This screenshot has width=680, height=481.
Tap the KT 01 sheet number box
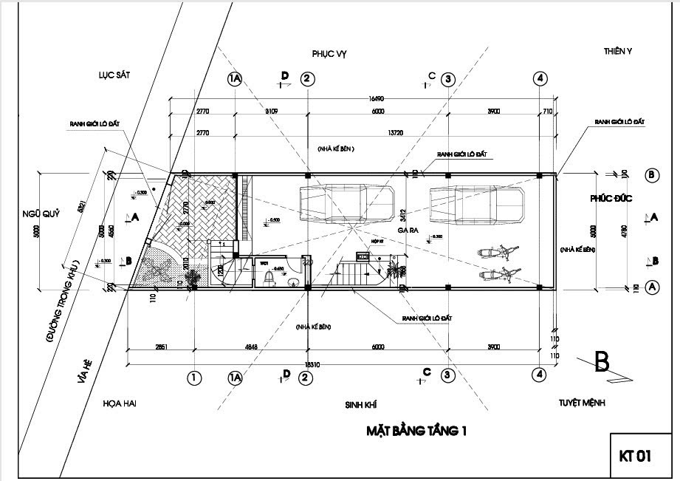click(x=635, y=457)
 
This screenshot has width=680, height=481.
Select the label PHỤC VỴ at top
click(x=329, y=54)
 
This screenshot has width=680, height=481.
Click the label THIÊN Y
click(x=618, y=51)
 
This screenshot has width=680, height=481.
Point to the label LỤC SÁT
click(x=114, y=75)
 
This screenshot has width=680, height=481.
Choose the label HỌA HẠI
click(x=120, y=403)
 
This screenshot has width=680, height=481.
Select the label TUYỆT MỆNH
click(x=583, y=403)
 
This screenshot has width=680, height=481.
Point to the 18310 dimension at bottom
click(x=313, y=364)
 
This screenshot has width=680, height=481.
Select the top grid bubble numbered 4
click(x=540, y=78)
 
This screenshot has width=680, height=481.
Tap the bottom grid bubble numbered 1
click(x=193, y=378)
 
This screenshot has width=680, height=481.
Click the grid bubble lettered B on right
click(x=652, y=175)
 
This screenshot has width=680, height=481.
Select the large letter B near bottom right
click(x=602, y=361)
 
